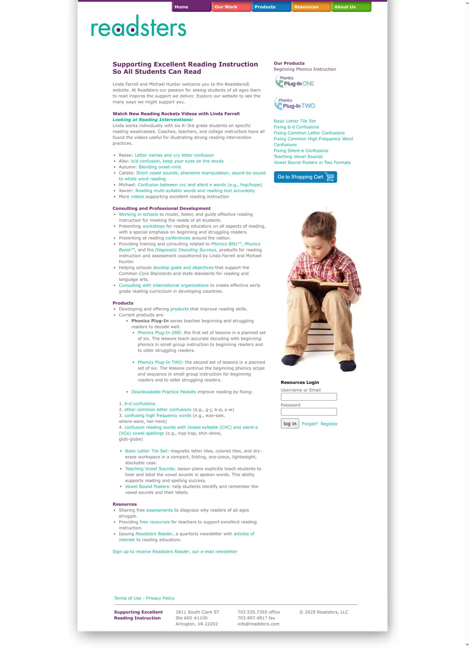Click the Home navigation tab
point(191,7)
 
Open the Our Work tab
point(231,7)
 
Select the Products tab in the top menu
point(271,7)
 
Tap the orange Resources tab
point(311,7)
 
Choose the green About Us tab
point(351,7)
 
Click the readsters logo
point(139,26)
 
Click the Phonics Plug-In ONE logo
point(295,81)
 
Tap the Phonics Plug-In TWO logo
point(295,104)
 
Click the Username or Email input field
point(308,397)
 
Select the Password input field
point(308,412)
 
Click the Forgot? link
point(310,424)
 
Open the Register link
point(329,424)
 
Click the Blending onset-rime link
point(160,167)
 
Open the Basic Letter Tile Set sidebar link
point(295,121)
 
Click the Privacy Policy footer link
point(160,598)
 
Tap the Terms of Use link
point(127,598)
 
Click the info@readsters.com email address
point(258,624)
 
